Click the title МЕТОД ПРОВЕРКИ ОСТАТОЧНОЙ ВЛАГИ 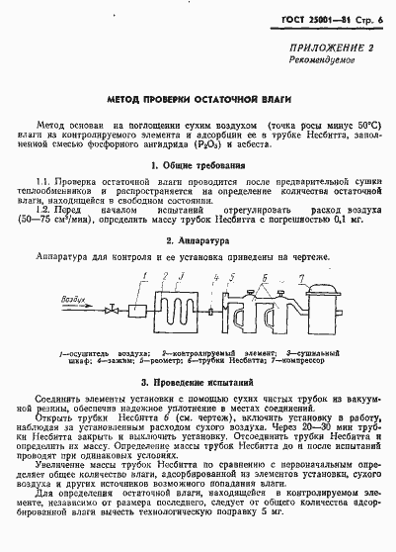(198, 101)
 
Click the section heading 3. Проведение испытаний (198, 380)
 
